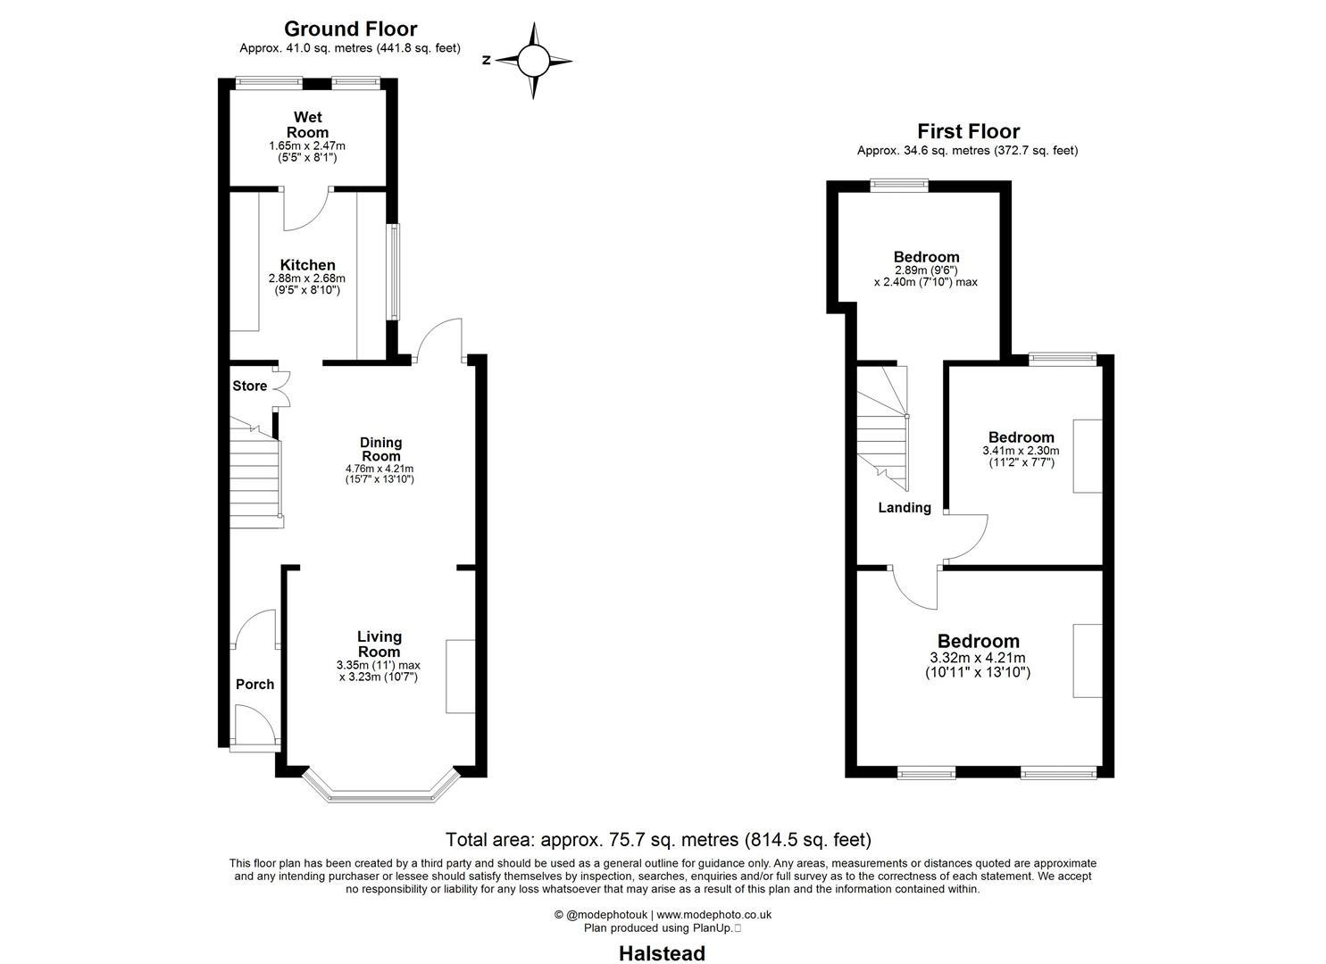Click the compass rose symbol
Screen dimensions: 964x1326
point(533,61)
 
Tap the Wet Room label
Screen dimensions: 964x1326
point(307,125)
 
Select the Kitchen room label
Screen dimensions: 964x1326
point(307,265)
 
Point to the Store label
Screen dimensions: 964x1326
point(250,386)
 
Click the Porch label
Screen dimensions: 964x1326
point(254,685)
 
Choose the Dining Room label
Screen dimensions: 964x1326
point(380,449)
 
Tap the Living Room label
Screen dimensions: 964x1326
point(379,644)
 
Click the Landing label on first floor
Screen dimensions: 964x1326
point(905,508)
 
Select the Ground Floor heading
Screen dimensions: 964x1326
point(350,29)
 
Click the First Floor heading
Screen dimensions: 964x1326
point(968,132)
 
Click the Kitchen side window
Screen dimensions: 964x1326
point(393,271)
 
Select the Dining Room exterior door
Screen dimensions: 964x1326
point(439,341)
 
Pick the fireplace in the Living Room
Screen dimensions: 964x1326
point(459,676)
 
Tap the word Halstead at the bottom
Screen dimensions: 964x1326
point(663,953)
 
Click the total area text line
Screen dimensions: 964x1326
point(658,840)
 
